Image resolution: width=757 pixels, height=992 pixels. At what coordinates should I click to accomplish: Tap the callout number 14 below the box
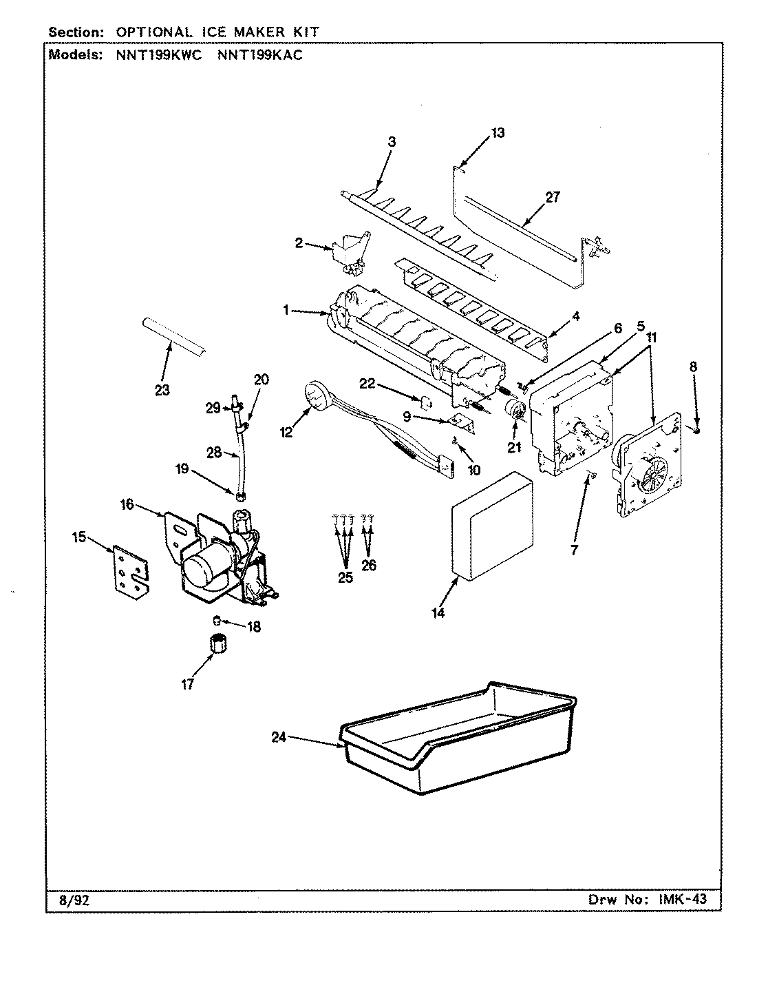(x=438, y=613)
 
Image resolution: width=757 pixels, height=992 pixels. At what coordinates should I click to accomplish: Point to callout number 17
(x=187, y=684)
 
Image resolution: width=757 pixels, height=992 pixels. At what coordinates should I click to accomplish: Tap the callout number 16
(x=127, y=505)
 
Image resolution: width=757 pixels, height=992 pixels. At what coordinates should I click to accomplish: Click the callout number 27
(x=553, y=197)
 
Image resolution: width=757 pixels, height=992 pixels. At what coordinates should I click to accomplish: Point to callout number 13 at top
(x=498, y=133)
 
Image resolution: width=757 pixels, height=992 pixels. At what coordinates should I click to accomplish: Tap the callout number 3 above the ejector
(x=392, y=142)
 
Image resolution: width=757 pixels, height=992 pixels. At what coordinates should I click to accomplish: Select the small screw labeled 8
(x=697, y=430)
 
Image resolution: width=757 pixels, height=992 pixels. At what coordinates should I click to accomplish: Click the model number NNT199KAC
(x=259, y=56)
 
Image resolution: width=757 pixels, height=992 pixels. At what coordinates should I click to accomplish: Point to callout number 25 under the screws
(x=345, y=577)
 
